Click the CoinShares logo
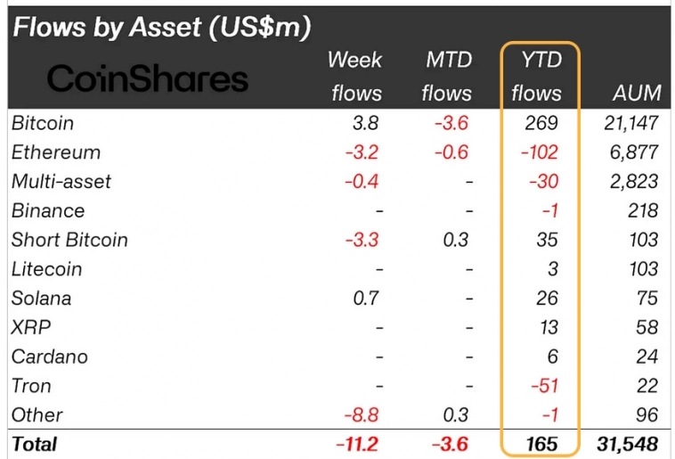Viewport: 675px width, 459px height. pyautogui.click(x=147, y=79)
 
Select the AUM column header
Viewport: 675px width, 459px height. pyautogui.click(x=637, y=93)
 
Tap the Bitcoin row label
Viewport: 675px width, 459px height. pyautogui.click(x=42, y=123)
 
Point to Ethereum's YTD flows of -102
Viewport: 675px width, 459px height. pyautogui.click(x=540, y=152)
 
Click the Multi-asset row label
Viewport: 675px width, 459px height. pyautogui.click(x=61, y=182)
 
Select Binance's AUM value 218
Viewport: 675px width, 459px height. pyautogui.click(x=642, y=211)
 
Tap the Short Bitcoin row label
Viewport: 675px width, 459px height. pyautogui.click(x=69, y=240)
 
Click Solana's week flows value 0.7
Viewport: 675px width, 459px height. pyautogui.click(x=368, y=299)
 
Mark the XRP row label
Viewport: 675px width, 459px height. pyautogui.click(x=30, y=327)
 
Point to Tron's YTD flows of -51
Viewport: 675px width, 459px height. pyautogui.click(x=543, y=386)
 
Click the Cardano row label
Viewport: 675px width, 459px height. pyautogui.click(x=50, y=357)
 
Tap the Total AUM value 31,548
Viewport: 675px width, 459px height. pyautogui.click(x=627, y=444)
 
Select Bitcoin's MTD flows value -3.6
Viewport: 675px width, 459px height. pyautogui.click(x=451, y=123)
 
